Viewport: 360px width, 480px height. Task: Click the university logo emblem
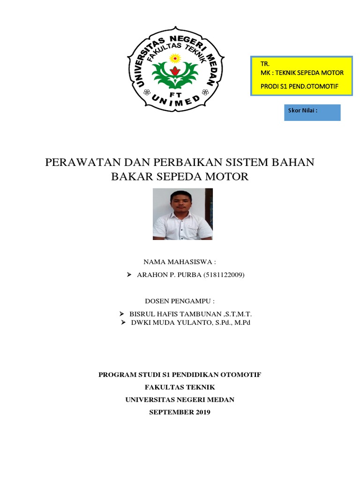tap(175, 68)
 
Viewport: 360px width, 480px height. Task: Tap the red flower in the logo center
tap(175, 71)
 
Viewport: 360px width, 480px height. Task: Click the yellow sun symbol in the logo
tap(175, 58)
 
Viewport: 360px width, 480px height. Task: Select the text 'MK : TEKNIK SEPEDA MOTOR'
tap(301, 73)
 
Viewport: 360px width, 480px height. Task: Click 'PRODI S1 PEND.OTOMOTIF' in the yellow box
tap(299, 86)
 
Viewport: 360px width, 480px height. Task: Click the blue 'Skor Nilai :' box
tap(312, 112)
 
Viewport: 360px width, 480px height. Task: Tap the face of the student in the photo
tap(178, 203)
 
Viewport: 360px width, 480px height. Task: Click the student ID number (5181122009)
tap(224, 275)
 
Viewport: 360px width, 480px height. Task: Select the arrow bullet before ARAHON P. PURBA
tap(129, 275)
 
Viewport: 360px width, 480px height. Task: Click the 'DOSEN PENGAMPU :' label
tap(180, 300)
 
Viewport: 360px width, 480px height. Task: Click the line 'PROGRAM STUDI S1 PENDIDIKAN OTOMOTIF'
tap(180, 375)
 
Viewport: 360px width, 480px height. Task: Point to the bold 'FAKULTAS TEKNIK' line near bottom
tap(180, 387)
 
